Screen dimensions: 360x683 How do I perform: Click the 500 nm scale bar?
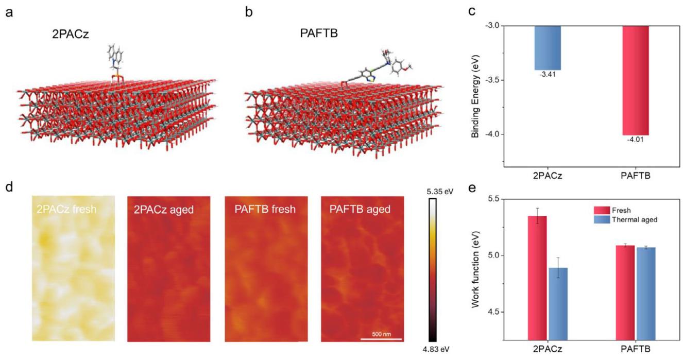coord(380,338)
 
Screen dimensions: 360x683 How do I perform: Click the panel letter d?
coord(9,186)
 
